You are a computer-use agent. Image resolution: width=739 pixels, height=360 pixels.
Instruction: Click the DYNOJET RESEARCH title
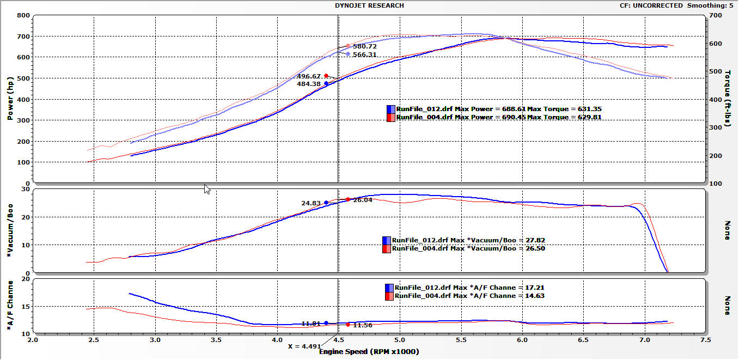point(369,5)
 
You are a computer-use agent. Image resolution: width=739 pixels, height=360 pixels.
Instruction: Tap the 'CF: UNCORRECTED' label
point(651,5)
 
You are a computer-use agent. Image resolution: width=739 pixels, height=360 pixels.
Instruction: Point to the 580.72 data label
point(365,46)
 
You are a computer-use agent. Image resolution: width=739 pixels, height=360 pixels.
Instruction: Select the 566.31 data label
point(365,54)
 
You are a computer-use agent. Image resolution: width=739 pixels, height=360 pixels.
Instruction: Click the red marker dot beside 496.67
point(326,76)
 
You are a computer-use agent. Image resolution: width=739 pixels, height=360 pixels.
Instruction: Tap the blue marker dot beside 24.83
point(326,203)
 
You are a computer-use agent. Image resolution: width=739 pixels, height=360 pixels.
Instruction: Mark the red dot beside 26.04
point(348,199)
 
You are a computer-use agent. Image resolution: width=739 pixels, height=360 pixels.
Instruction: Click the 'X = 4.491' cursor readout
point(304,346)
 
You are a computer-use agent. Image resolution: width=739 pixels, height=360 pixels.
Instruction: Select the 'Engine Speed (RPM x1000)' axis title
point(369,352)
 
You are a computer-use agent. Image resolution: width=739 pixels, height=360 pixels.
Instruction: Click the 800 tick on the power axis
point(23,15)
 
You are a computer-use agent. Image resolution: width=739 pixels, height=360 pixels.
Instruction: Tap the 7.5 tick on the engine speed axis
point(706,340)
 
